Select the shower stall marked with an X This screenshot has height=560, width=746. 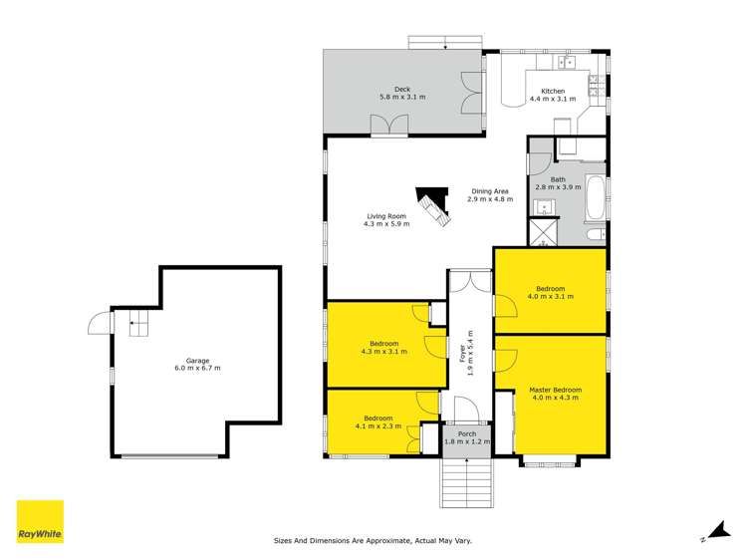pos(544,233)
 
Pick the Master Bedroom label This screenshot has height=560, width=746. pos(555,390)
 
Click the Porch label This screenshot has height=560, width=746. pos(467,433)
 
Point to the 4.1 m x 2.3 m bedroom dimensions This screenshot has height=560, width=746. pos(377,426)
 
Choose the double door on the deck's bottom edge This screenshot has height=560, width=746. pos(387,126)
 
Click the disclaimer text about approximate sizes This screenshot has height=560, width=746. pos(373,541)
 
